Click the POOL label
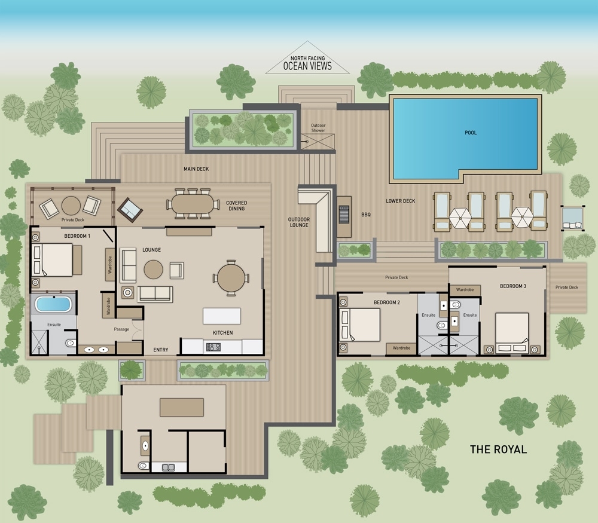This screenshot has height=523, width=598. tap(471, 133)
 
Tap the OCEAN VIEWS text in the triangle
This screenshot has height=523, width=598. tap(307, 66)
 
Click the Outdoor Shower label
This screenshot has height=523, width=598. tap(318, 127)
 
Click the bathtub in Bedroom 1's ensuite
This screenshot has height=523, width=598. tap(53, 304)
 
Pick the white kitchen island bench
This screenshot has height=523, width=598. tap(222, 316)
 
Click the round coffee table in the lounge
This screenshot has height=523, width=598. tap(154, 270)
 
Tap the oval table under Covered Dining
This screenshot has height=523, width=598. tap(193, 204)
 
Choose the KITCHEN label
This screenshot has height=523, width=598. tap(222, 333)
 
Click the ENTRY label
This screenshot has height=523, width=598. tap(160, 350)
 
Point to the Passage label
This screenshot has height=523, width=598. tap(122, 329)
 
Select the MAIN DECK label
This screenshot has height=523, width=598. tap(196, 169)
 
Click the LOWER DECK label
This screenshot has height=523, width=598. tap(401, 201)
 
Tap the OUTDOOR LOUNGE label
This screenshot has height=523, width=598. tap(298, 222)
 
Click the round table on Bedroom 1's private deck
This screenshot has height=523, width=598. tap(71, 206)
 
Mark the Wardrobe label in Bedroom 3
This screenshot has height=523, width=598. tap(465, 290)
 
